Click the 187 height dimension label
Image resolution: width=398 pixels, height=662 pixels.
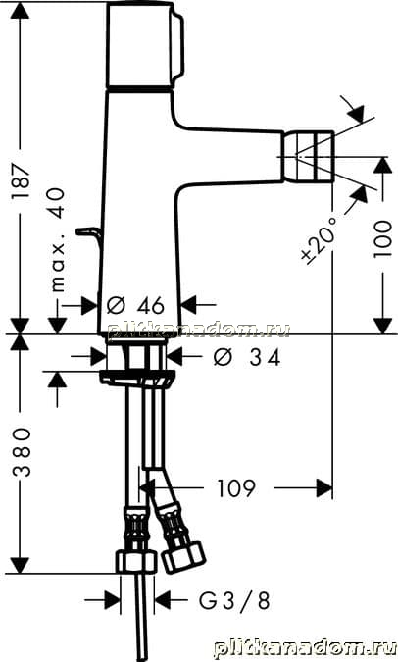pyautogui.click(x=21, y=181)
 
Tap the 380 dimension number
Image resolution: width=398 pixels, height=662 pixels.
pyautogui.click(x=22, y=452)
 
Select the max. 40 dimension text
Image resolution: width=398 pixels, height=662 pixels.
pyautogui.click(x=58, y=239)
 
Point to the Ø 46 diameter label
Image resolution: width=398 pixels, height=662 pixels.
pyautogui.click(x=134, y=305)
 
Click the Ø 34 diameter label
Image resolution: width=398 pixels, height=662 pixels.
pyautogui.click(x=246, y=358)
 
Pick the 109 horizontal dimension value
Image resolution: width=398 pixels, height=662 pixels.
pyautogui.click(x=236, y=488)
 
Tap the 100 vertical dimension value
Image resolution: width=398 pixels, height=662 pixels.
pyautogui.click(x=383, y=238)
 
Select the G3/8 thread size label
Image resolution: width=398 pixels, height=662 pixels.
pyautogui.click(x=234, y=600)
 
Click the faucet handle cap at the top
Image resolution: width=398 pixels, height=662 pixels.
pyautogui.click(x=145, y=45)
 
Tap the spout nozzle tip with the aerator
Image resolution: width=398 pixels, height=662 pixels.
pyautogui.click(x=308, y=157)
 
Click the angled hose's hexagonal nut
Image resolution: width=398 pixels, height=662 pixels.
pyautogui.click(x=183, y=557)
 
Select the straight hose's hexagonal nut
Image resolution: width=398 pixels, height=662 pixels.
pyautogui.click(x=136, y=561)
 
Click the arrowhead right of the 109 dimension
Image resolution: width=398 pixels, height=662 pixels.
pyautogui.click(x=324, y=488)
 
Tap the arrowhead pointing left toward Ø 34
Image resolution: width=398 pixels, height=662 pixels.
pyautogui.click(x=175, y=357)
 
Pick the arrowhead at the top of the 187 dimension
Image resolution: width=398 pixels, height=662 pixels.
pyautogui.click(x=20, y=10)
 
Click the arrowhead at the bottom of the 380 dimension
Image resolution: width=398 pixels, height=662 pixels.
pyautogui.click(x=20, y=565)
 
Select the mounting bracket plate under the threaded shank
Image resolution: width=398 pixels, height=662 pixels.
pyautogui.click(x=137, y=377)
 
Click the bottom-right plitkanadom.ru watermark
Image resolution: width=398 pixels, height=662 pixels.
pyautogui.click(x=305, y=647)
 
